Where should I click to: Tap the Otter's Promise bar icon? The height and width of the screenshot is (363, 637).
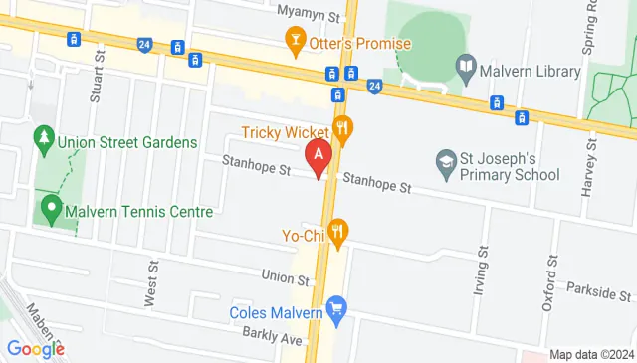[x=295, y=41]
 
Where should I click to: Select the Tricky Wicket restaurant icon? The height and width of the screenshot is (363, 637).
[x=342, y=127]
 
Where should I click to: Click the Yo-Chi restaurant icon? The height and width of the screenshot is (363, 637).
[x=338, y=232]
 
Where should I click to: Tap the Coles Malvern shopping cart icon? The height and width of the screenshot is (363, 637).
[x=336, y=310]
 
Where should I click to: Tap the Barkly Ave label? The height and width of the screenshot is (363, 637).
[x=276, y=337]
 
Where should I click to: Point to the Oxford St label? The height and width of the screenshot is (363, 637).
[x=547, y=289]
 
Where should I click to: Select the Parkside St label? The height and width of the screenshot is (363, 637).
[x=598, y=295]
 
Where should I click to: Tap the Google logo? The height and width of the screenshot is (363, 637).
[x=35, y=348]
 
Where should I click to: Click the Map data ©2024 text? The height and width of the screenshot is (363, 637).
[x=591, y=355]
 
